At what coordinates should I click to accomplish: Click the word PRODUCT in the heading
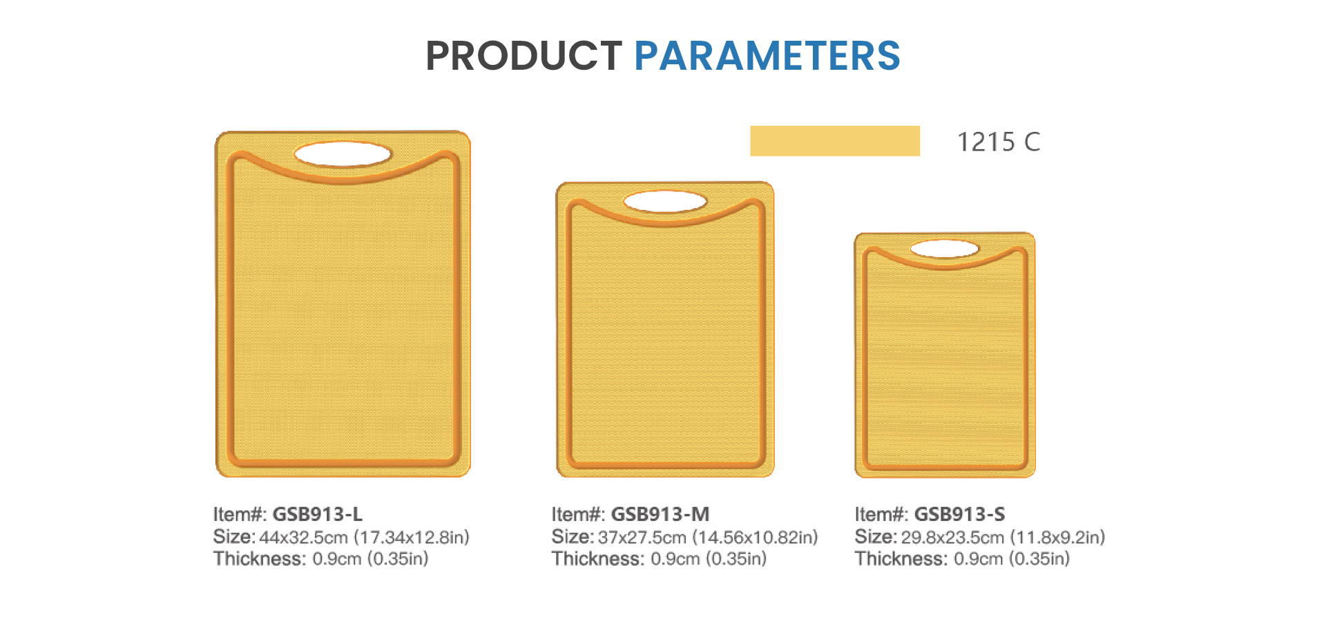point(523,55)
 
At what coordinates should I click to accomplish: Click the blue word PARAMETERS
point(767,55)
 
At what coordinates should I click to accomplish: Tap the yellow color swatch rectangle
point(835,141)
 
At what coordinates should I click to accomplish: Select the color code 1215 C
point(999,142)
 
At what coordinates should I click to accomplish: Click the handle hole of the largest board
point(343,154)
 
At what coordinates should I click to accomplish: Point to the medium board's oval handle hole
point(665,202)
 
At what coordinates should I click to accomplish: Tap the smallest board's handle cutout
point(945,249)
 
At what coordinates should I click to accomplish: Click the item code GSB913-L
point(318,514)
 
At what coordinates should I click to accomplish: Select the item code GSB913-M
point(660,514)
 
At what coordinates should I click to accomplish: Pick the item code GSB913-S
point(959,514)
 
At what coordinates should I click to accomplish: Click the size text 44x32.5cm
point(303,537)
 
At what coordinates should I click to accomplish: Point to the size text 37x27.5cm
point(642,537)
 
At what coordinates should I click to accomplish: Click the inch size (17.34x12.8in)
point(412,537)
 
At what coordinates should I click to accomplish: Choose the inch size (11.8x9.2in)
point(1057,537)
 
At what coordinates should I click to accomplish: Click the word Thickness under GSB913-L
point(260,558)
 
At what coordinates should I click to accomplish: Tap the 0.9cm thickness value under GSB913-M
point(675,559)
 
